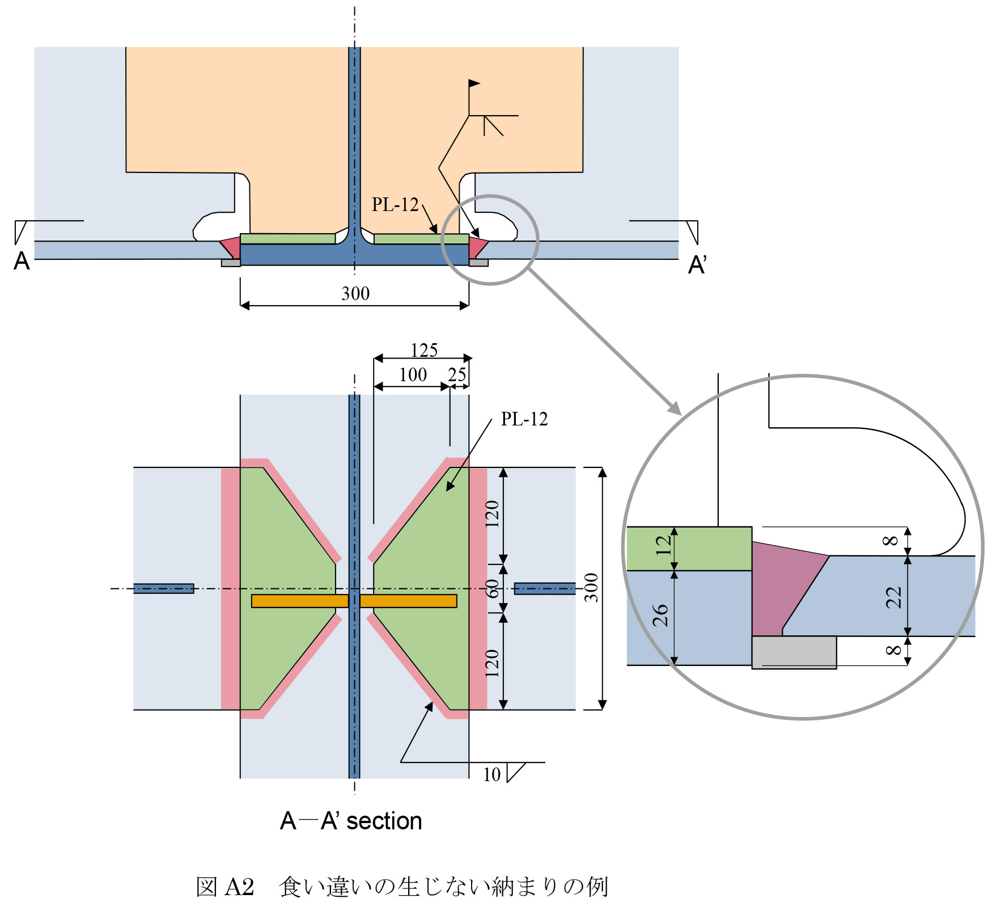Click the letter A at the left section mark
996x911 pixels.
22,262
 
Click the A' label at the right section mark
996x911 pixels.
697,265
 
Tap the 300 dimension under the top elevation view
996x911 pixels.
355,294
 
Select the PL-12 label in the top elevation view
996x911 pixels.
395,205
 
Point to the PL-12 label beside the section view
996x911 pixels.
524,419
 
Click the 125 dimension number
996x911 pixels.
424,351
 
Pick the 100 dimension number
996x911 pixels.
413,375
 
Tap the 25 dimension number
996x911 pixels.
457,375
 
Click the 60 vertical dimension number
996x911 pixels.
493,589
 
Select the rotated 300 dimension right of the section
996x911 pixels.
591,588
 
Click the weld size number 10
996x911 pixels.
491,775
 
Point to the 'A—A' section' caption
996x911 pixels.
351,821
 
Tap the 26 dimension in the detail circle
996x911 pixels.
660,615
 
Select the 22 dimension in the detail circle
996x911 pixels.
893,597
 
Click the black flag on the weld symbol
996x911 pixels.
474,84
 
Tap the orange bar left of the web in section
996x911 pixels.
299,601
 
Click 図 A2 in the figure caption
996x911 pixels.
225,887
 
